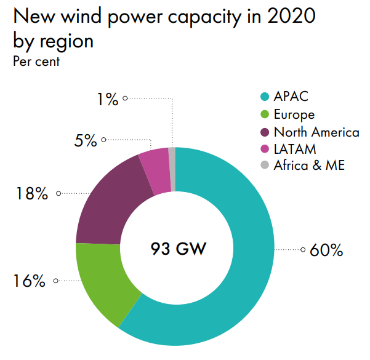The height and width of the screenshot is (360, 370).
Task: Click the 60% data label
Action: (326, 250)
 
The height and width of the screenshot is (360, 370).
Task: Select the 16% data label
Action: (29, 281)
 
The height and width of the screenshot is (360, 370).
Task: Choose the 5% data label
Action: (86, 140)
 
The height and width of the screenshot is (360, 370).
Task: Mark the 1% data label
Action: (107, 98)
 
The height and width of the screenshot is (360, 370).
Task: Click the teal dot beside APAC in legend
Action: (265, 97)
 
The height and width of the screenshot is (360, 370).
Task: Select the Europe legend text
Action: (294, 114)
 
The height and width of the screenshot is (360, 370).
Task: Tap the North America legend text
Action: (316, 132)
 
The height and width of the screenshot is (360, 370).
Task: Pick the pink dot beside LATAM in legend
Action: (265, 148)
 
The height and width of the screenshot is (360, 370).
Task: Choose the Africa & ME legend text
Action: (310, 165)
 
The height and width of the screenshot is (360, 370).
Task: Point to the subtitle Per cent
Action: (36, 62)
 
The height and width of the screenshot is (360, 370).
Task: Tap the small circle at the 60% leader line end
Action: (303, 250)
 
